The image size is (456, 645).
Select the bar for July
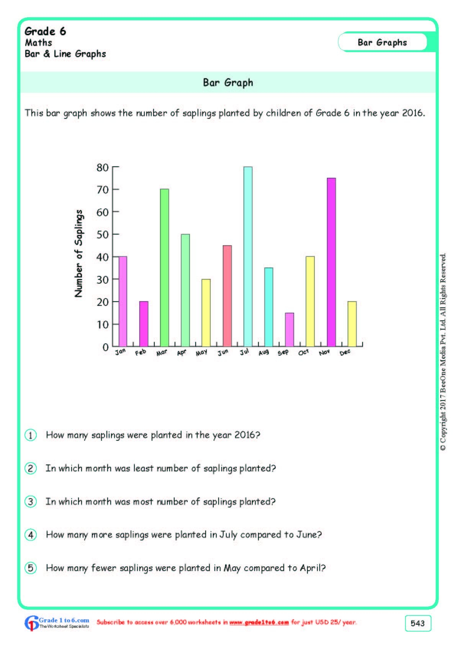(x=248, y=256)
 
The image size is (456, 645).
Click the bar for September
(x=289, y=330)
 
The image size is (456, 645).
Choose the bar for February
(x=144, y=324)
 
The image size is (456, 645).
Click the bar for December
(x=352, y=324)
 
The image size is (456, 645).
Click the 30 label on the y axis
(x=103, y=280)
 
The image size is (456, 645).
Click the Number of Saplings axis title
(x=79, y=254)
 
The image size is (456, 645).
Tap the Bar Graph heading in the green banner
(x=228, y=82)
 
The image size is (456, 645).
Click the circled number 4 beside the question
(x=31, y=535)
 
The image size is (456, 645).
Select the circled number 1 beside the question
(x=31, y=435)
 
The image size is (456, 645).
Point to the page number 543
(x=417, y=623)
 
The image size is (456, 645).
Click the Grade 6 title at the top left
(x=45, y=31)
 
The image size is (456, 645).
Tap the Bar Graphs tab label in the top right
(x=382, y=43)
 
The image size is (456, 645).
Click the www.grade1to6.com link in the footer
(x=259, y=622)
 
